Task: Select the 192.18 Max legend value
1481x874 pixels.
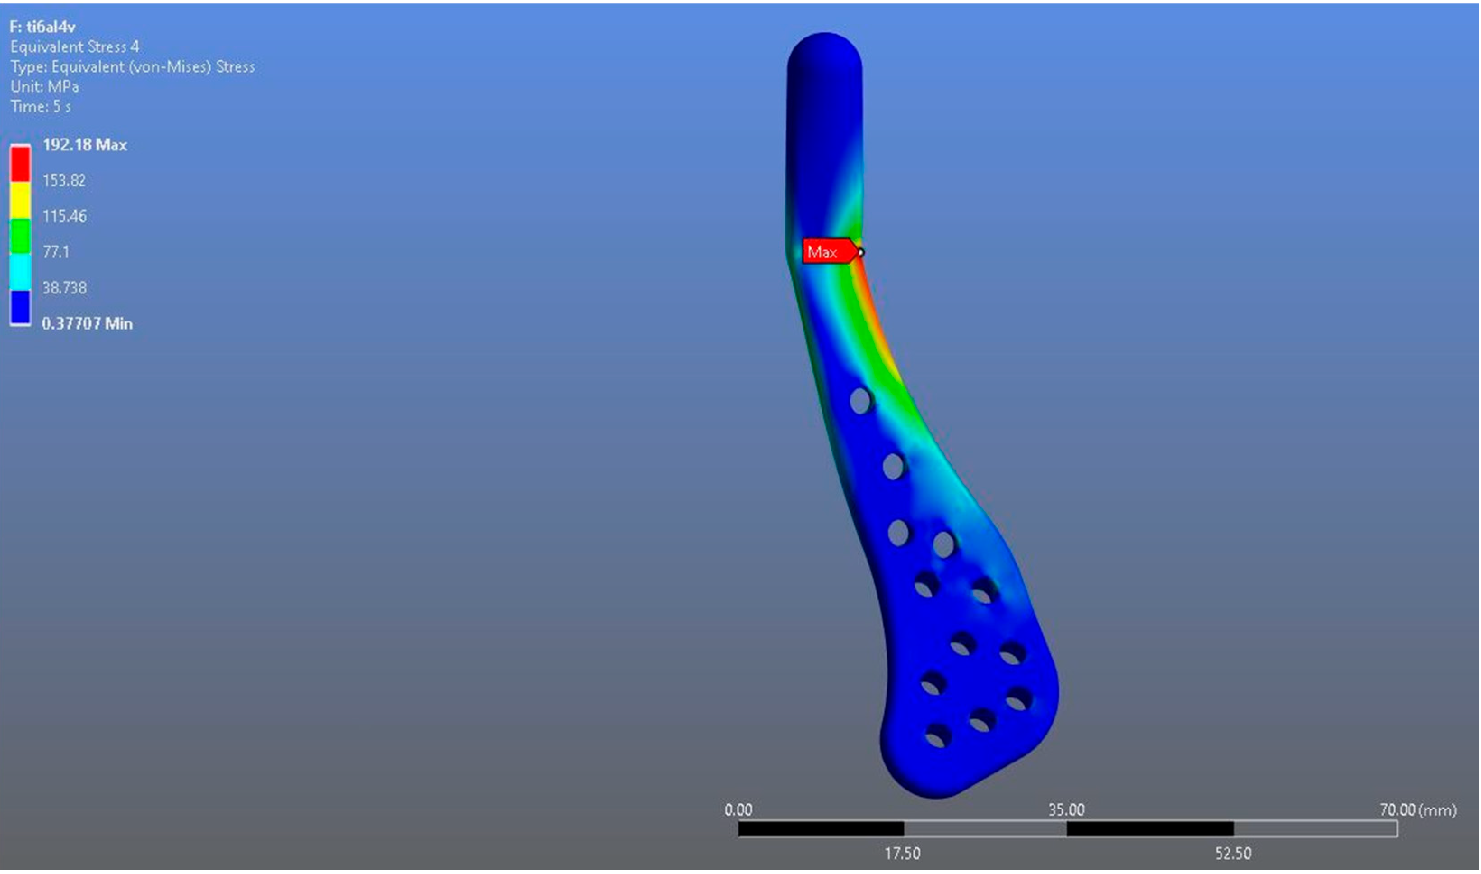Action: (85, 145)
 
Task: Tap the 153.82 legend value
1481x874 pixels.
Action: (64, 180)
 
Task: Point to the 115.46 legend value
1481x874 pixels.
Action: (64, 216)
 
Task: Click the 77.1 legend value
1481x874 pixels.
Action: (56, 252)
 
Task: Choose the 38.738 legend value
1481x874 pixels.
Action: (64, 288)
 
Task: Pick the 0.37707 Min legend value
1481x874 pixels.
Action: (87, 323)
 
